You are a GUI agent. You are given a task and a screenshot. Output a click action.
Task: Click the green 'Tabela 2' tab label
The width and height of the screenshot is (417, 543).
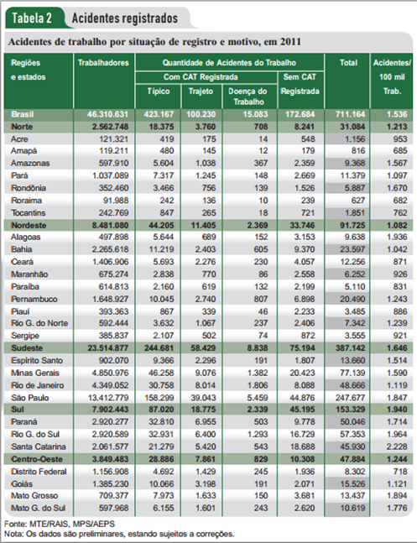(x=32, y=18)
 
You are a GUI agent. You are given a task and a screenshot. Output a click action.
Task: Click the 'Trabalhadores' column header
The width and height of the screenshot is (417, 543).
(x=103, y=63)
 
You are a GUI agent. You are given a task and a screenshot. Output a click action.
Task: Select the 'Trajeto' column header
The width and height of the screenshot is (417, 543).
(x=201, y=91)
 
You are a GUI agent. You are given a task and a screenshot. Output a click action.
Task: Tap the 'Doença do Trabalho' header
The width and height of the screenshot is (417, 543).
(x=248, y=97)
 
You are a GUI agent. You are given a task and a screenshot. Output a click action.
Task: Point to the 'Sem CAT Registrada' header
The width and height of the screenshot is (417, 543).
(x=300, y=84)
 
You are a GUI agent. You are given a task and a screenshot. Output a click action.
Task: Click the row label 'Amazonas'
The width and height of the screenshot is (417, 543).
(x=30, y=163)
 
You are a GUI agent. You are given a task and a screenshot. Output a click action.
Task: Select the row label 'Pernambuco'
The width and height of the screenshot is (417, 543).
(x=34, y=299)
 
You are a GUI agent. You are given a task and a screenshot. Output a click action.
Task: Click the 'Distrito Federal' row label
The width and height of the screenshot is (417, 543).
(x=39, y=472)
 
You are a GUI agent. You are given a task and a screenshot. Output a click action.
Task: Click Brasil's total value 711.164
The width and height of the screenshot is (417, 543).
(x=350, y=114)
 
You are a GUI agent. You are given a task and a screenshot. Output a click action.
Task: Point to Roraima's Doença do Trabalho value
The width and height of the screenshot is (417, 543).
(x=263, y=200)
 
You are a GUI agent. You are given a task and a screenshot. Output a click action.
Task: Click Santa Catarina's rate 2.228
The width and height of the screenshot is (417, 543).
(x=397, y=446)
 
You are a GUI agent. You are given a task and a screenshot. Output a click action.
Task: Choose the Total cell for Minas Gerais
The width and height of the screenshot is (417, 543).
(x=352, y=373)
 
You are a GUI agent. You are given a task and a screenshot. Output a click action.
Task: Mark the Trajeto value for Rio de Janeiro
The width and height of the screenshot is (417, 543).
(x=206, y=385)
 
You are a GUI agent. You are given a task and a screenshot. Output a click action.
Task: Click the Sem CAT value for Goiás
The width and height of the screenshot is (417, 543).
(x=305, y=483)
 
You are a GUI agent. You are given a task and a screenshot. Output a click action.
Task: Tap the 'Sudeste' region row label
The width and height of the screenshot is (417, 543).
(x=27, y=347)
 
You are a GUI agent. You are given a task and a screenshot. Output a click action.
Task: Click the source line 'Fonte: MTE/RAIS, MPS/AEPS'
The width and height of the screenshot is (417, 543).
(x=60, y=524)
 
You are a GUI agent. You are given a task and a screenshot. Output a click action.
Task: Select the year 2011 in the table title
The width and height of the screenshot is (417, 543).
(x=290, y=42)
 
